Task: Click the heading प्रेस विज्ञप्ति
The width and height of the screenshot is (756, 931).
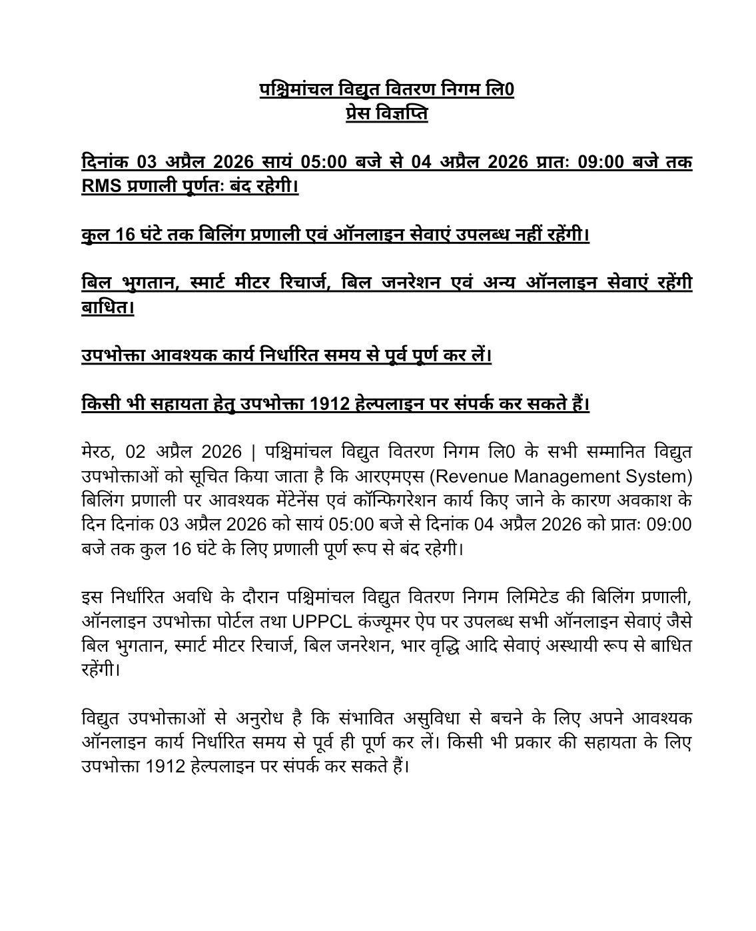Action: (x=387, y=113)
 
